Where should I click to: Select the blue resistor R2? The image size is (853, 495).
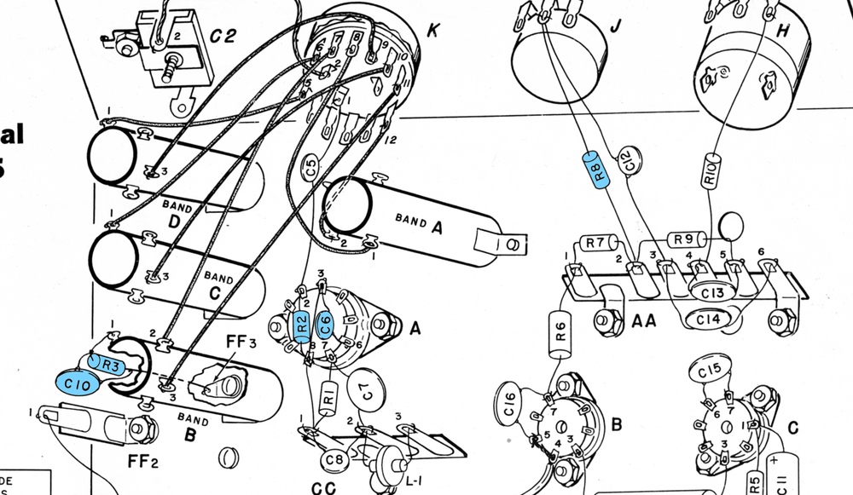click(x=301, y=325)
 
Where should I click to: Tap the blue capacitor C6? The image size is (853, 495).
click(x=324, y=324)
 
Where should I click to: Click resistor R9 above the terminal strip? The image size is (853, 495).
click(x=683, y=240)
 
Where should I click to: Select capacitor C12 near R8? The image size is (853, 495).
click(x=628, y=159)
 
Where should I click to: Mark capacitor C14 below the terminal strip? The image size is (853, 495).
click(x=707, y=319)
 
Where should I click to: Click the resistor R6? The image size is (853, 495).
click(x=560, y=332)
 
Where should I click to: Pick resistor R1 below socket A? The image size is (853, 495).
click(x=328, y=397)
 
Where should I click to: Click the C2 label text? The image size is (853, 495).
click(x=223, y=36)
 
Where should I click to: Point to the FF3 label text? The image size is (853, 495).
click(x=241, y=345)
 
